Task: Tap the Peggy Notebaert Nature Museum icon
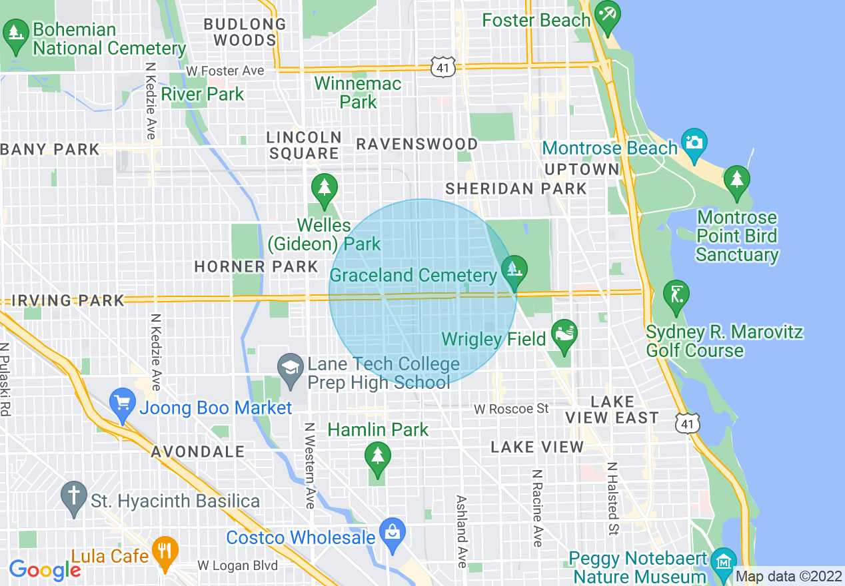[722, 561]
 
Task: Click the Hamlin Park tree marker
[377, 457]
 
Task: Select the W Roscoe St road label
[511, 408]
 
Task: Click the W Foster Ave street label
[225, 71]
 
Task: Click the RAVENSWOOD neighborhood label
[417, 145]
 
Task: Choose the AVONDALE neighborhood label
[198, 451]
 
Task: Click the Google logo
[44, 570]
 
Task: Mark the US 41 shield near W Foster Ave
[442, 67]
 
